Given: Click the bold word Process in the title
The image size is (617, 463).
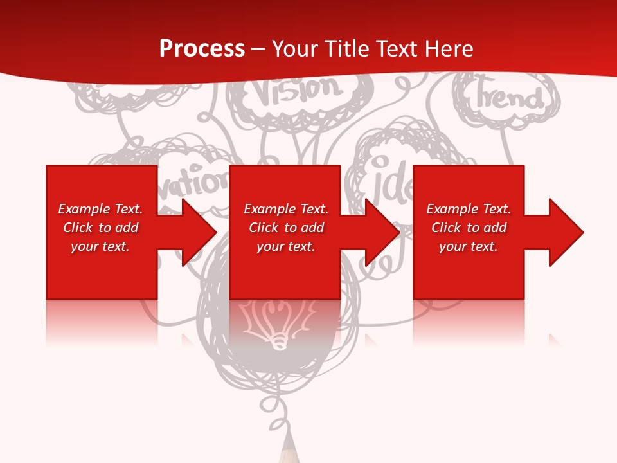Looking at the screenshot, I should [202, 49].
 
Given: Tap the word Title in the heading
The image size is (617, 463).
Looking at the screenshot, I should [346, 49].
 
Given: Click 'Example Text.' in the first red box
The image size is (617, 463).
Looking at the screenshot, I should [100, 209].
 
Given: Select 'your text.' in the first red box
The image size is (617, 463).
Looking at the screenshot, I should [100, 246].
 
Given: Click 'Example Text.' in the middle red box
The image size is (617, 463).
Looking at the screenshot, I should [286, 209].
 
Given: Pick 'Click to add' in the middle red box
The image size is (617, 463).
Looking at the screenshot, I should [286, 228].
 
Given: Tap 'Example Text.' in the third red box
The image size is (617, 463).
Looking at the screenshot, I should [469, 209].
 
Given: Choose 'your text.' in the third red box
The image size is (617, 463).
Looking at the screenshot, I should [469, 246].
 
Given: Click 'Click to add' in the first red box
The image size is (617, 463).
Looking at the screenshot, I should [100, 228].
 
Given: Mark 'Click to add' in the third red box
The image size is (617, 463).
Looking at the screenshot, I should [469, 228].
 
